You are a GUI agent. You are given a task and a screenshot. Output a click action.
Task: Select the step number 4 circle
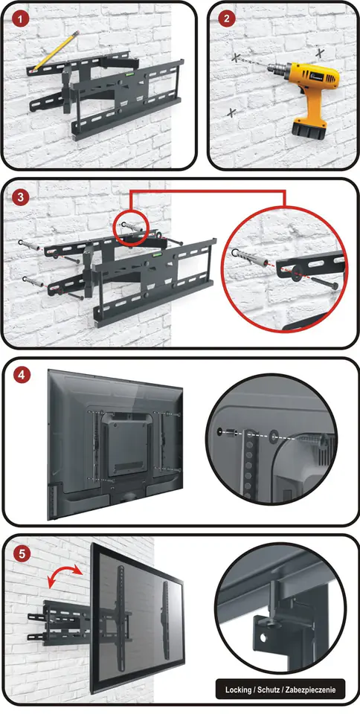(22, 376)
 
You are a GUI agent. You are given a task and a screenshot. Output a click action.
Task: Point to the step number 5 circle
(22, 554)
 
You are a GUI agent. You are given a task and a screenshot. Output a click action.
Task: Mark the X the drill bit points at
(236, 57)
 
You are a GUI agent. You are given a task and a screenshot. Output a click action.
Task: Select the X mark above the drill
(320, 53)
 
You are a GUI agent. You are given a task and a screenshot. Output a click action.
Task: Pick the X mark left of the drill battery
(231, 112)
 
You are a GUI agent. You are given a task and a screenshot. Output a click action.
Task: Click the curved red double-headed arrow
(64, 572)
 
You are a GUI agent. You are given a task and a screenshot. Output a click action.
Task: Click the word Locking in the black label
(237, 690)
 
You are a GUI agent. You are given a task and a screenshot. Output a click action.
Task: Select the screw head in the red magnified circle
(335, 286)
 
